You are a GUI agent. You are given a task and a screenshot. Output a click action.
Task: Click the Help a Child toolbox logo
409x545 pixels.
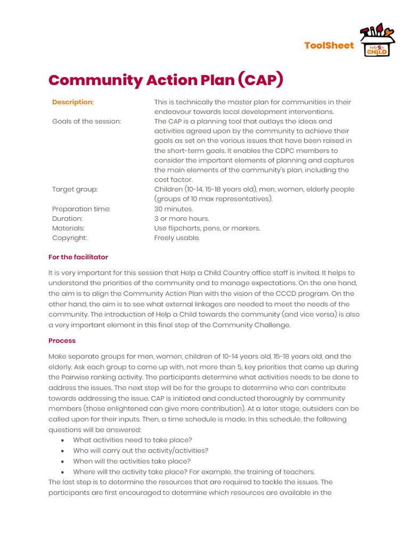pos(378,40)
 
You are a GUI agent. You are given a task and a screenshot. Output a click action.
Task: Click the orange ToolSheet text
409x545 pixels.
pos(329,46)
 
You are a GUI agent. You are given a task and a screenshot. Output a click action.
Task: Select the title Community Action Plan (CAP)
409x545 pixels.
pos(166,80)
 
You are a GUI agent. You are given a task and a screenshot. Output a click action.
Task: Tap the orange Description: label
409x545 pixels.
pos(73,102)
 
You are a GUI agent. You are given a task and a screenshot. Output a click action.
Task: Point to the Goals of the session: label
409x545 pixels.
pos(87,121)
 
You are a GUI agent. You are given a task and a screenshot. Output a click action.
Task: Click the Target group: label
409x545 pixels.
pos(75,189)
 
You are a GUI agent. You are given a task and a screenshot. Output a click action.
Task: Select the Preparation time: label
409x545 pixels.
pos(81,209)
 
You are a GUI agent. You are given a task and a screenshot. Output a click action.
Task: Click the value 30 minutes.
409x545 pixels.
pos(174,209)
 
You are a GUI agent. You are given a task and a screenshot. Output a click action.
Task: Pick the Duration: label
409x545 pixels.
pos(67,219)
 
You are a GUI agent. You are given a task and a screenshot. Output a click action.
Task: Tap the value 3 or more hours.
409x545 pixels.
pos(182,219)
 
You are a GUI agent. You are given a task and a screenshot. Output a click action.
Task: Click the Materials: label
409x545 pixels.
pos(68,228)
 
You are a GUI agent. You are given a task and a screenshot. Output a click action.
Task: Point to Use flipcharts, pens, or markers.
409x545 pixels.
pos(207,228)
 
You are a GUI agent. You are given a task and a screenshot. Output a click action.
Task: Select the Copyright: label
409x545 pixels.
pos(69,238)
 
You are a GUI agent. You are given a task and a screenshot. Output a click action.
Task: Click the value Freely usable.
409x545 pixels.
pos(177,238)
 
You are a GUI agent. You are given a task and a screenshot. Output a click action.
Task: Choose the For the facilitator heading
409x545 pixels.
pos(78,257)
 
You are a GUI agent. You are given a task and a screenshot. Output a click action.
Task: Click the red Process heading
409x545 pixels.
pos(62,341)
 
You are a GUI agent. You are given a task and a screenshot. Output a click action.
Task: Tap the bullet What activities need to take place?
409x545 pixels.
pos(133,440)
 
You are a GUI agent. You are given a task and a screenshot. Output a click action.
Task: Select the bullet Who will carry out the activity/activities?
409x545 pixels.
pos(141,451)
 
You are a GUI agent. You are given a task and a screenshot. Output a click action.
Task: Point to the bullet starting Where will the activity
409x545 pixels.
pos(194,472)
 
